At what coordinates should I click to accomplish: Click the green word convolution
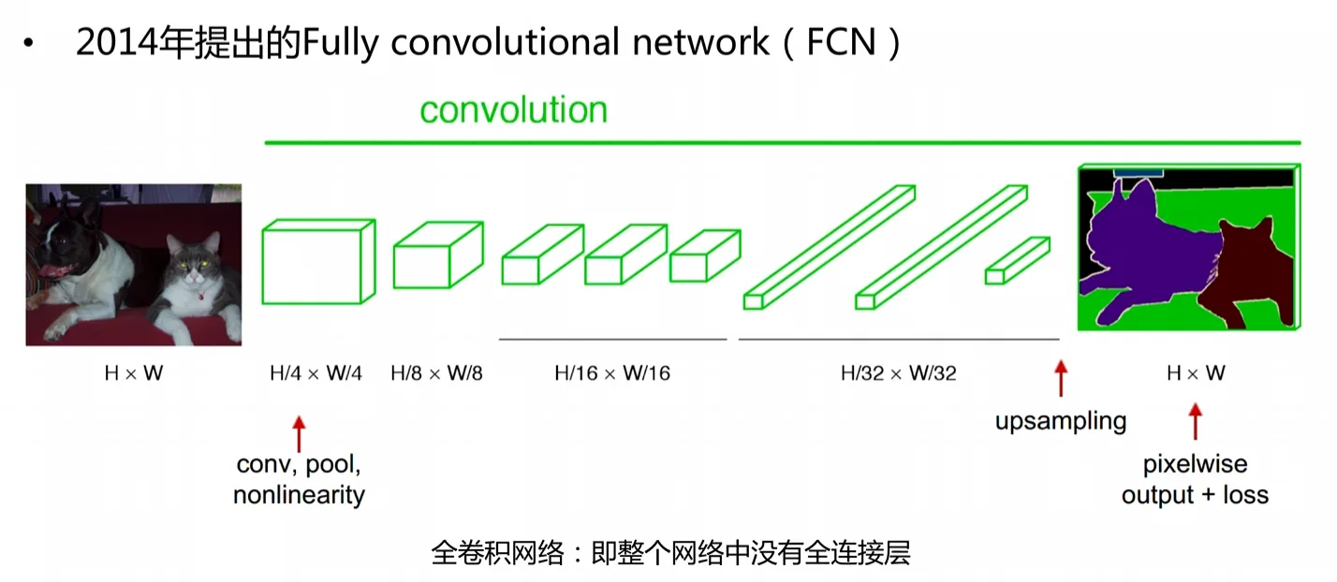pos(513,109)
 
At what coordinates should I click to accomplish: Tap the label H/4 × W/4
pos(316,373)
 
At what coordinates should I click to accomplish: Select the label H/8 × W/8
pos(436,373)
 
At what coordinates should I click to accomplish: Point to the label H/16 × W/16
pos(612,373)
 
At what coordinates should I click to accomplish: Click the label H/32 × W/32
pos(898,373)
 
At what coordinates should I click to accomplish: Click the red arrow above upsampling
pos(1061,378)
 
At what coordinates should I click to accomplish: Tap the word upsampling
pos(1061,422)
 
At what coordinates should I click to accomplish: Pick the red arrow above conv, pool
pos(299,433)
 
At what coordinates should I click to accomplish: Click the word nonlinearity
pos(299,496)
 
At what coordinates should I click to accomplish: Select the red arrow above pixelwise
pos(1195,422)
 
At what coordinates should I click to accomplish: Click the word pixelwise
pos(1195,464)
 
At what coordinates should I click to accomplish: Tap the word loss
pos(1245,495)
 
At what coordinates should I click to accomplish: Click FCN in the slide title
pos(841,42)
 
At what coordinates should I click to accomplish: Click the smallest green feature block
pos(1018,260)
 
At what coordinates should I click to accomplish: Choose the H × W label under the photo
pos(134,373)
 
